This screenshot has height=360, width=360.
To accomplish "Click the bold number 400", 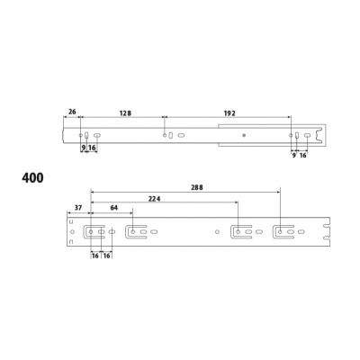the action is [x=32, y=178].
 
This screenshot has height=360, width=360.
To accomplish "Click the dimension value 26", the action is [x=72, y=112].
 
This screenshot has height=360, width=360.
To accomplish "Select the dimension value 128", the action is [x=125, y=113].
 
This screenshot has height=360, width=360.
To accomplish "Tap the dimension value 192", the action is [x=229, y=113].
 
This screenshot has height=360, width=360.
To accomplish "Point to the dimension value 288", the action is [x=197, y=187].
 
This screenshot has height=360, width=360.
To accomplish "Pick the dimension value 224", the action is [x=155, y=199].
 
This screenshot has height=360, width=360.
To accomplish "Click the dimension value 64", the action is [x=114, y=208].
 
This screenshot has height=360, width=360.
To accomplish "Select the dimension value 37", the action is [x=78, y=208].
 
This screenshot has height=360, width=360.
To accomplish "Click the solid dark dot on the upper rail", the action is [x=244, y=136].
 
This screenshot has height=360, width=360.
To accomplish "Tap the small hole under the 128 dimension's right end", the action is [x=165, y=136].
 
